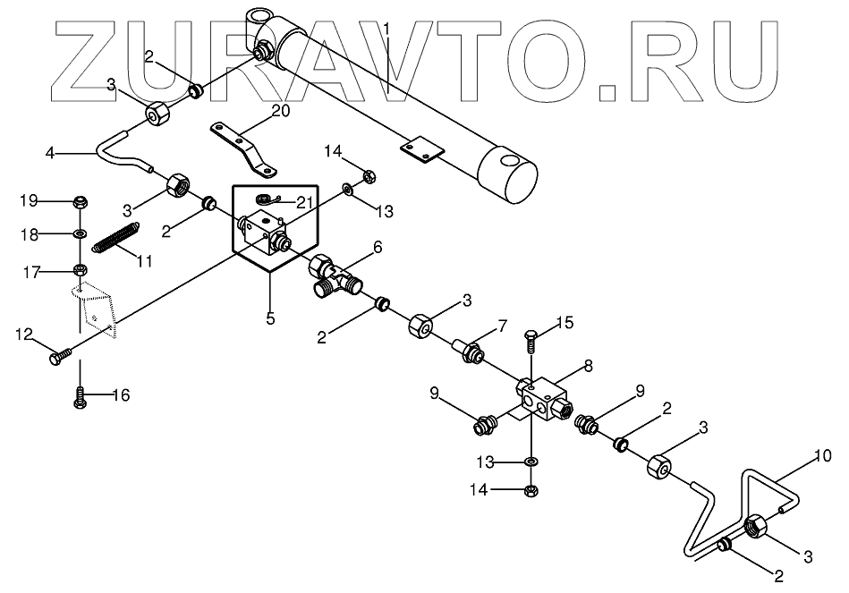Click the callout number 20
280,111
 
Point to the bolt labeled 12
55,358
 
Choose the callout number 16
120,394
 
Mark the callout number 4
51,153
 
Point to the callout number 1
386,29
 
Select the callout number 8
588,365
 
